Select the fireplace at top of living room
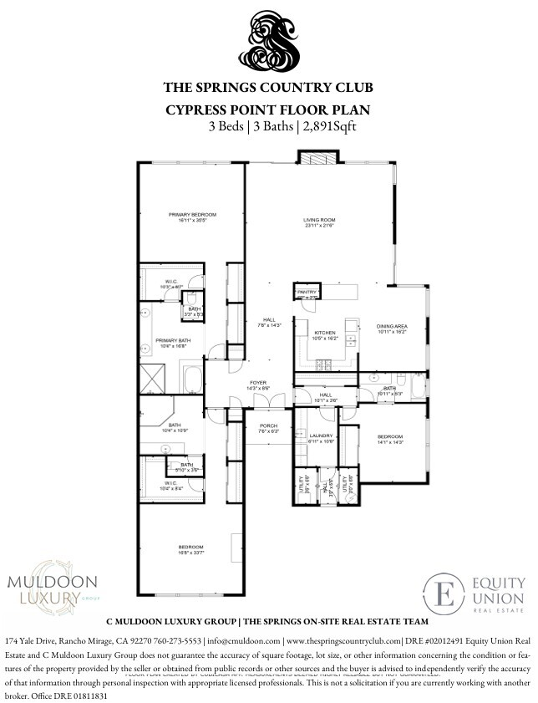click(x=319, y=159)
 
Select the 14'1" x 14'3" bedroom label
click(x=390, y=439)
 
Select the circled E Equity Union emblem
click(x=443, y=594)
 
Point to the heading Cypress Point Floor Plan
click(x=267, y=110)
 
